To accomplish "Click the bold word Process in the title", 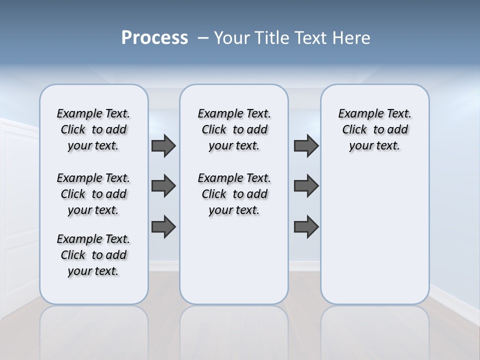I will [154, 38].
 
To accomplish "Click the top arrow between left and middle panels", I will [163, 146].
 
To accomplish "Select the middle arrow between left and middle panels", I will [163, 186].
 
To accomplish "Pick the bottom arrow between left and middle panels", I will [163, 226].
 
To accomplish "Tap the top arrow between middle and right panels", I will [306, 146].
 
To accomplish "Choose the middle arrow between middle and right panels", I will [306, 186].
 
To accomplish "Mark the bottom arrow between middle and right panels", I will [306, 226].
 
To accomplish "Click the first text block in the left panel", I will [93, 129].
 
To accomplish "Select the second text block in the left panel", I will [93, 194].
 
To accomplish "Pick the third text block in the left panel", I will [93, 255].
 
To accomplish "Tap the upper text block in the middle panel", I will [234, 129].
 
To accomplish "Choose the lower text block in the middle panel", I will [234, 194].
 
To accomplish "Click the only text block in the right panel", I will [375, 129].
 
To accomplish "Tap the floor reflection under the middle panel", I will [234, 330].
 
